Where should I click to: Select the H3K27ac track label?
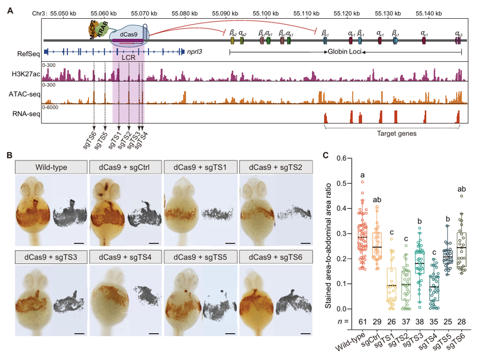25,74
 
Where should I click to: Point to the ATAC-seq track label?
25,94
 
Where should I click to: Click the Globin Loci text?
342,52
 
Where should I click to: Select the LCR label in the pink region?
128,58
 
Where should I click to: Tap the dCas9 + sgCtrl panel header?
125,167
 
